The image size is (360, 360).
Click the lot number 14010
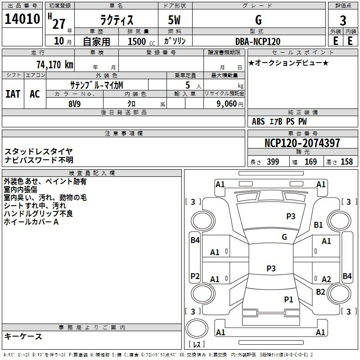pyautogui.click(x=22, y=19)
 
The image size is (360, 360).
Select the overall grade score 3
pyautogui.click(x=343, y=21)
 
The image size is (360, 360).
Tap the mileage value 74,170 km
pyautogui.click(x=55, y=65)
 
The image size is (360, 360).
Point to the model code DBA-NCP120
pyautogui.click(x=258, y=41)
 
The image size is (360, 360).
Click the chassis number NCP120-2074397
pyautogui.click(x=302, y=143)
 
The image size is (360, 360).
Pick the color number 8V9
pyautogui.click(x=75, y=104)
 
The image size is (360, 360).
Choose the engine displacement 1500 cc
pyautogui.click(x=141, y=41)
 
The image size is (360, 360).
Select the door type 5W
pyautogui.click(x=174, y=20)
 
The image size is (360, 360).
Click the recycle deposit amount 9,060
pyautogui.click(x=227, y=104)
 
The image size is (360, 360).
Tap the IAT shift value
pyautogui.click(x=13, y=94)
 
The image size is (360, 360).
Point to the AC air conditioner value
pyautogui.click(x=35, y=94)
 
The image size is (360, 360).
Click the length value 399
pyautogui.click(x=273, y=162)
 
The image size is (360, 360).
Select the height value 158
pyautogui.click(x=346, y=162)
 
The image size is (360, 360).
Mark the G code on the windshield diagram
pyautogui.click(x=284, y=237)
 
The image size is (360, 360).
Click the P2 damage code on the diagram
pyautogui.click(x=195, y=276)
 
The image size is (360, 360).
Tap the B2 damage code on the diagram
pyautogui.click(x=320, y=292)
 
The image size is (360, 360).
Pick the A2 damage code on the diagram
pyautogui.click(x=326, y=279)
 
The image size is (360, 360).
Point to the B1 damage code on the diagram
pyautogui.click(x=318, y=225)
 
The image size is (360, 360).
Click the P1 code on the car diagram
pyautogui.click(x=288, y=299)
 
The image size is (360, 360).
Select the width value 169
pyautogui.click(x=310, y=162)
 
